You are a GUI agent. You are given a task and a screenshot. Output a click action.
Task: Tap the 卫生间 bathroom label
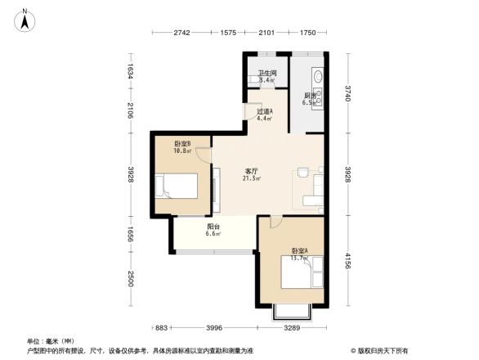[x=267, y=74]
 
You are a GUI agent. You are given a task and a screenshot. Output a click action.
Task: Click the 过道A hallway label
[x=265, y=111]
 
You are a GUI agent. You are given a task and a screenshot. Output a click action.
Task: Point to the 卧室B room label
[x=181, y=144]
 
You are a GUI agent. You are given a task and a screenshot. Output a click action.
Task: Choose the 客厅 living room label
[x=253, y=171]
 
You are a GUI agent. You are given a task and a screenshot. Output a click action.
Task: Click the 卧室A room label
[x=298, y=250]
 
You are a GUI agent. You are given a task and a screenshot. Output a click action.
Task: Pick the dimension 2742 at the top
[x=181, y=33]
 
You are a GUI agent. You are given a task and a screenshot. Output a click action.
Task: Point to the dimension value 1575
[x=228, y=33]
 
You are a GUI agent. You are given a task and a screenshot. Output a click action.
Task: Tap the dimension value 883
[x=162, y=328]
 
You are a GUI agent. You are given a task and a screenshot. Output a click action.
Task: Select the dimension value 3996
[x=213, y=328]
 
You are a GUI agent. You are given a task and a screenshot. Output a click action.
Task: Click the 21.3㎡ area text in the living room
[x=253, y=178]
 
